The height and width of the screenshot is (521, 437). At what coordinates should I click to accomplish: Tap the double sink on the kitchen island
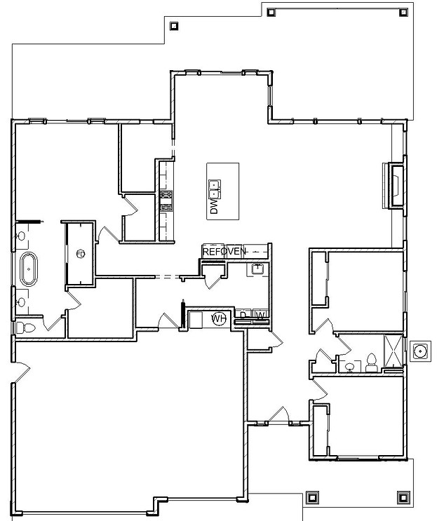214,186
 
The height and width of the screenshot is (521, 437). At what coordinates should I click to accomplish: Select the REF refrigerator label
210,251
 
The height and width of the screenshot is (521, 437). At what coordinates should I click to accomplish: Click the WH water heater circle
219,318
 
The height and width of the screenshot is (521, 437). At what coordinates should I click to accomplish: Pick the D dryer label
243,315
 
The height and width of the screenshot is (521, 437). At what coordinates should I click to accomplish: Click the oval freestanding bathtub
29,269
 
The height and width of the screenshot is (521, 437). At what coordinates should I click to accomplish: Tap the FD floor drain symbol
79,253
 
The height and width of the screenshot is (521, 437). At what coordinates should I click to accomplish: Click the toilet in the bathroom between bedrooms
372,363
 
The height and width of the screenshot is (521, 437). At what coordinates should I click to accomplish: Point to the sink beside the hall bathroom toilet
349,366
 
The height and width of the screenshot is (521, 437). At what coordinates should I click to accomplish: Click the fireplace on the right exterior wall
395,185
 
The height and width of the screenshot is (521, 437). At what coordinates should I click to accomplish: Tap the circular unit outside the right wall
420,351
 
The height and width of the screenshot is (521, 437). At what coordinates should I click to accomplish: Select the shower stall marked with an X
393,351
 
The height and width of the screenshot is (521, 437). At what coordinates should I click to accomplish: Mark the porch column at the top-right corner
402,10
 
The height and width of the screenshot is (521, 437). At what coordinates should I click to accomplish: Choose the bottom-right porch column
403,497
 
